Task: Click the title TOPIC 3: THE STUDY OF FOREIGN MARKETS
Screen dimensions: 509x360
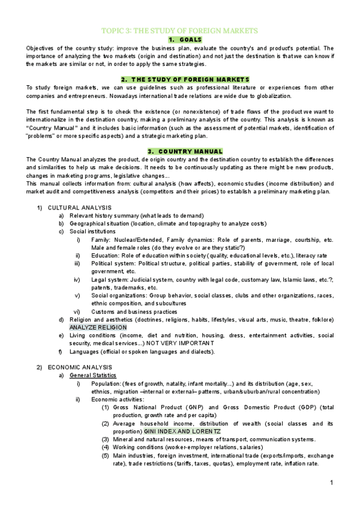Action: pyautogui.click(x=179, y=30)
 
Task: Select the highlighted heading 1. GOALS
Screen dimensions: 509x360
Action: pyautogui.click(x=179, y=39)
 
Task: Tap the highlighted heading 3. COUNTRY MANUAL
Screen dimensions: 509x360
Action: pyautogui.click(x=179, y=151)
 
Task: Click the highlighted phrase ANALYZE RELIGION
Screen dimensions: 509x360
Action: pyautogui.click(x=98, y=328)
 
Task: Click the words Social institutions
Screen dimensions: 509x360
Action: pyautogui.click(x=93, y=231)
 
